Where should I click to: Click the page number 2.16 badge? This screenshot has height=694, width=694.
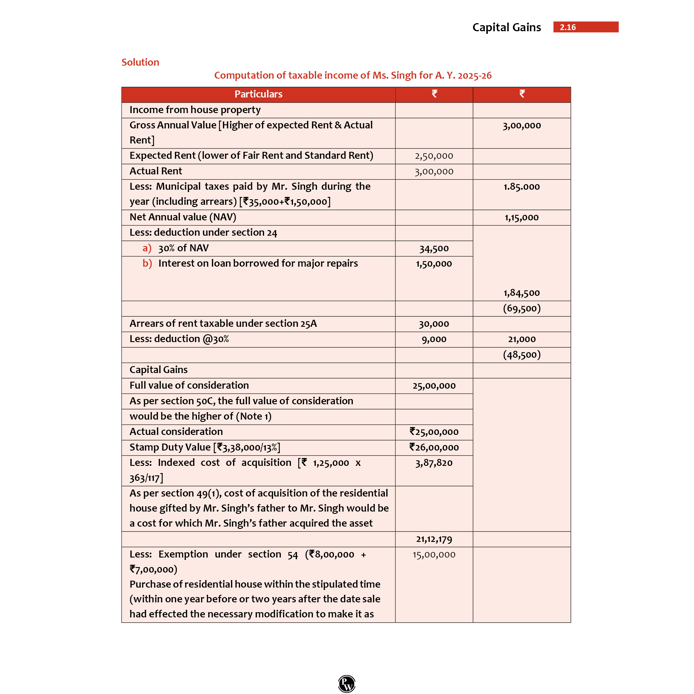pos(586,27)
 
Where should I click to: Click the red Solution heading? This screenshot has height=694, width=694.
pos(140,62)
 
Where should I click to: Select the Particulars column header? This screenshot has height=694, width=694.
pos(258,94)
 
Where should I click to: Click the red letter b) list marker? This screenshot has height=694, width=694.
pos(147,263)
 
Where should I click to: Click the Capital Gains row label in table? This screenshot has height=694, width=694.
pos(158,370)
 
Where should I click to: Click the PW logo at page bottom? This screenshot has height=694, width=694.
pos(347,683)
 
